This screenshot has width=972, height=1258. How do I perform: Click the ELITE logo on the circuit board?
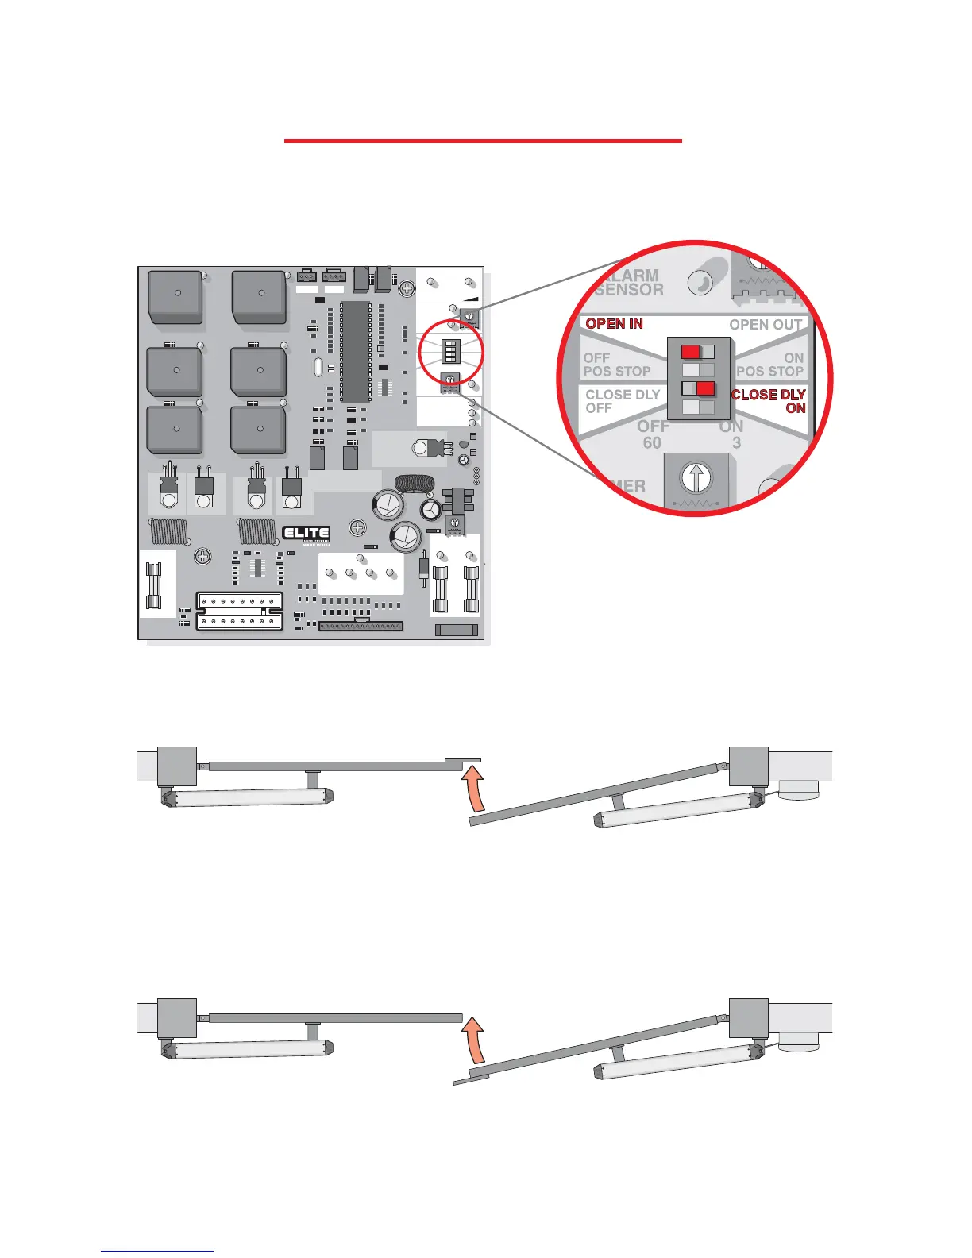(x=306, y=534)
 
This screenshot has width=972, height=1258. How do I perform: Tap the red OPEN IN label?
(x=614, y=324)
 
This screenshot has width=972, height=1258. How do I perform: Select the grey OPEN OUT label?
(x=766, y=325)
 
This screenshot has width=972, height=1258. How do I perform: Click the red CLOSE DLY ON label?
(x=769, y=401)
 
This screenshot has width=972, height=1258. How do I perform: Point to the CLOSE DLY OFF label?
(x=622, y=401)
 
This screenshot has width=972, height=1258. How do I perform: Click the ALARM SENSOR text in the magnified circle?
(x=629, y=283)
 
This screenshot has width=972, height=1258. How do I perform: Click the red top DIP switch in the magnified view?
(x=691, y=352)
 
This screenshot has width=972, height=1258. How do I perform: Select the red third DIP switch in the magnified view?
(x=705, y=388)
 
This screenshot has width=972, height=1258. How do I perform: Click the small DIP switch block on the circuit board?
(x=451, y=350)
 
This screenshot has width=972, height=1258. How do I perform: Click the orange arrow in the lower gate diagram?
(x=474, y=1040)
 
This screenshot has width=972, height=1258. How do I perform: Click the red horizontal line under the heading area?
(x=483, y=141)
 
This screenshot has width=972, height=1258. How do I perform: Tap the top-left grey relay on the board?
(x=175, y=296)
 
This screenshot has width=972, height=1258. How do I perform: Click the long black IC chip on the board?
(x=356, y=350)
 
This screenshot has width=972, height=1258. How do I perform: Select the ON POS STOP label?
(x=770, y=365)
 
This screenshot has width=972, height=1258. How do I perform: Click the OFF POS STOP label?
(x=616, y=365)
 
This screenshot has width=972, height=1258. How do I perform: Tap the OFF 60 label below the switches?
(x=653, y=434)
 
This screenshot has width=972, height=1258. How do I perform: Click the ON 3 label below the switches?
(x=732, y=434)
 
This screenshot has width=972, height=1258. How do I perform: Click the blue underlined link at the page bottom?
(x=157, y=1251)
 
